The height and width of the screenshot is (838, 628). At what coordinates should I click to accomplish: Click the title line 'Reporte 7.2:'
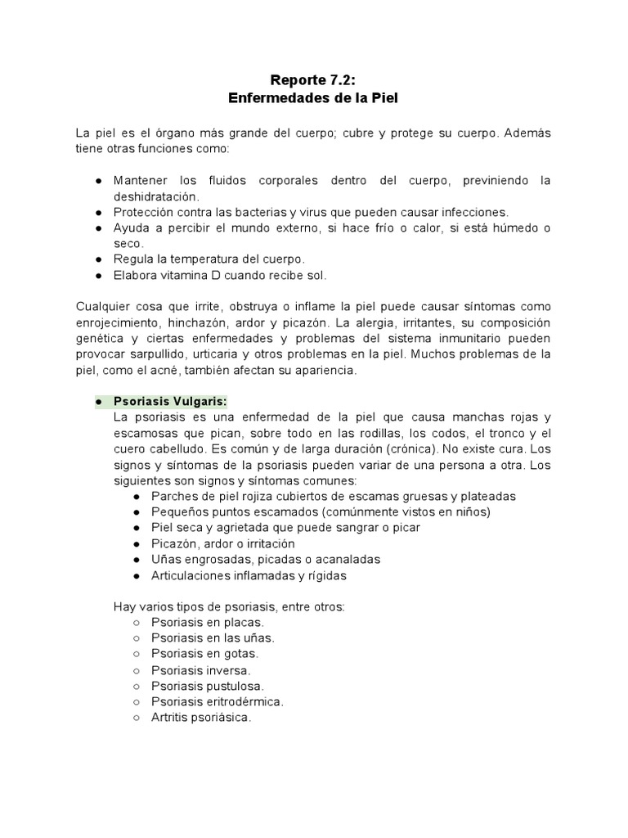(x=314, y=80)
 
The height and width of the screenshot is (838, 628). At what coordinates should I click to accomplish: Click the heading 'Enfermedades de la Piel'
(x=314, y=98)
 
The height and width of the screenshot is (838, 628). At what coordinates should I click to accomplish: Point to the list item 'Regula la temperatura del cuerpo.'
(x=209, y=259)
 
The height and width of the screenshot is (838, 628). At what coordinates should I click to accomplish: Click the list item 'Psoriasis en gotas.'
(x=204, y=654)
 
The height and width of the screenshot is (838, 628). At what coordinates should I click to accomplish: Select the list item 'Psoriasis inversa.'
(x=201, y=670)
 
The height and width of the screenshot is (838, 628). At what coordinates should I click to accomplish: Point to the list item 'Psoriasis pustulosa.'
(x=208, y=686)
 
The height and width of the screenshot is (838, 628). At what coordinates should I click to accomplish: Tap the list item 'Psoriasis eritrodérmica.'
(x=218, y=701)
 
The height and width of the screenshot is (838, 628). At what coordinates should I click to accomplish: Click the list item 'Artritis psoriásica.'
(x=201, y=718)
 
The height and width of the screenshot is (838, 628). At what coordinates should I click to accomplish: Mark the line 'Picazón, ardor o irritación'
(x=223, y=543)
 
